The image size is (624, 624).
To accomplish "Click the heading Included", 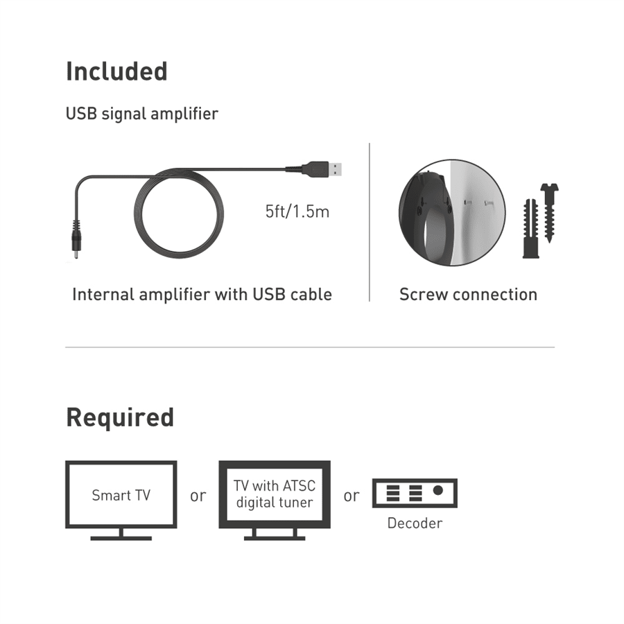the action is [116, 71].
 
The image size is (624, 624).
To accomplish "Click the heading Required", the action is [120, 417].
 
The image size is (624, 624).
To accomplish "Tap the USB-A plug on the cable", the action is [322, 168].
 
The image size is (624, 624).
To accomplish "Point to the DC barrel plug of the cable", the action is [76, 239].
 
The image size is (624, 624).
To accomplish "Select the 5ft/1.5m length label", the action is [297, 211].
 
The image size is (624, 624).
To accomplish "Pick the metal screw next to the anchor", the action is [550, 213].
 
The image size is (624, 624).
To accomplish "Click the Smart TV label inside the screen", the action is [121, 495].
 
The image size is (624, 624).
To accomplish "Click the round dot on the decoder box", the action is [438, 490].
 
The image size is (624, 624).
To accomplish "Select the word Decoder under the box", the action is [415, 523].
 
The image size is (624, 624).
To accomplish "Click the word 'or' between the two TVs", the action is [198, 496].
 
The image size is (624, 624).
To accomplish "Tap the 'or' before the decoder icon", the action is [352, 496].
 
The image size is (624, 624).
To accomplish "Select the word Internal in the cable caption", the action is [103, 295].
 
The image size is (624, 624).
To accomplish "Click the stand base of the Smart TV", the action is [121, 538].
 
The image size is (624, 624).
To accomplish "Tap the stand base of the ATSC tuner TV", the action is [275, 538].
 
